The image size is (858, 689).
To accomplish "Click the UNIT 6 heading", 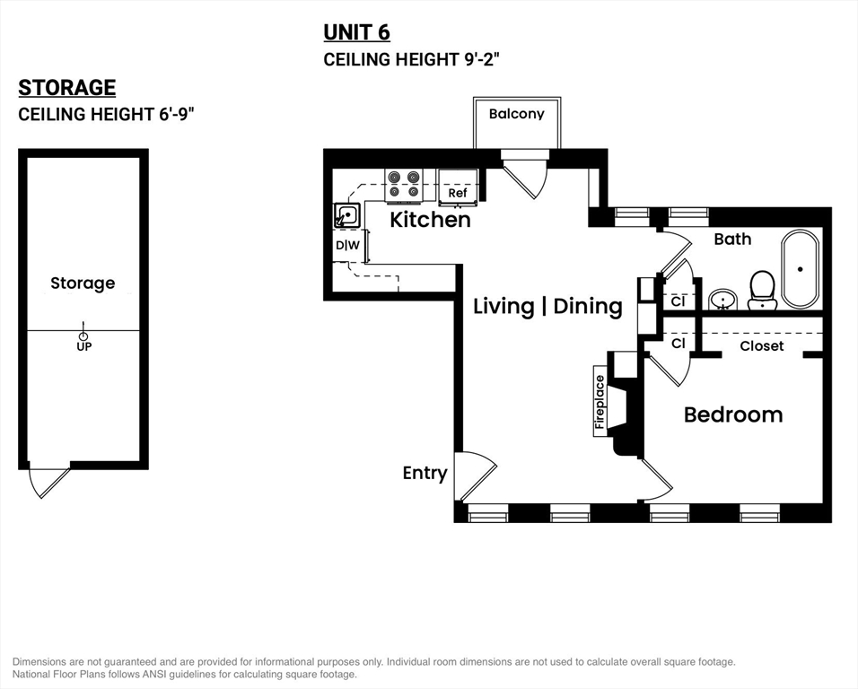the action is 356,33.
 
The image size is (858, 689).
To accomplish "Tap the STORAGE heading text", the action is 66,88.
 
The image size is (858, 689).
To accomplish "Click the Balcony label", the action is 517,114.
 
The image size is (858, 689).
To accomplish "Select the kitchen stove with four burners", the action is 404,184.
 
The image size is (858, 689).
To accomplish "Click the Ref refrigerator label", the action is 458,193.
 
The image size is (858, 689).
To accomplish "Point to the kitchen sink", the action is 347,215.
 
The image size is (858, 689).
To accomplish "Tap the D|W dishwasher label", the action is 347,246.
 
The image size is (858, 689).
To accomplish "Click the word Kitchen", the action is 430,220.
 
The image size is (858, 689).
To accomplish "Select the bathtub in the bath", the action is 800,269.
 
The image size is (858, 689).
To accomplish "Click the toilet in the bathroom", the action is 762,291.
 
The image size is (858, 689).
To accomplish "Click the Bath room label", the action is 732,239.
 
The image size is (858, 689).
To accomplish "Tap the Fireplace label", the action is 600,402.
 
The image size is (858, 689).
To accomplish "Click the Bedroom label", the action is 733,414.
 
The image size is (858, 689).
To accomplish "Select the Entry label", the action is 425,473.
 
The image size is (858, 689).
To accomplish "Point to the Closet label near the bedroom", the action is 762,346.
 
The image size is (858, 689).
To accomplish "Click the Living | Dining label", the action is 547,306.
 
